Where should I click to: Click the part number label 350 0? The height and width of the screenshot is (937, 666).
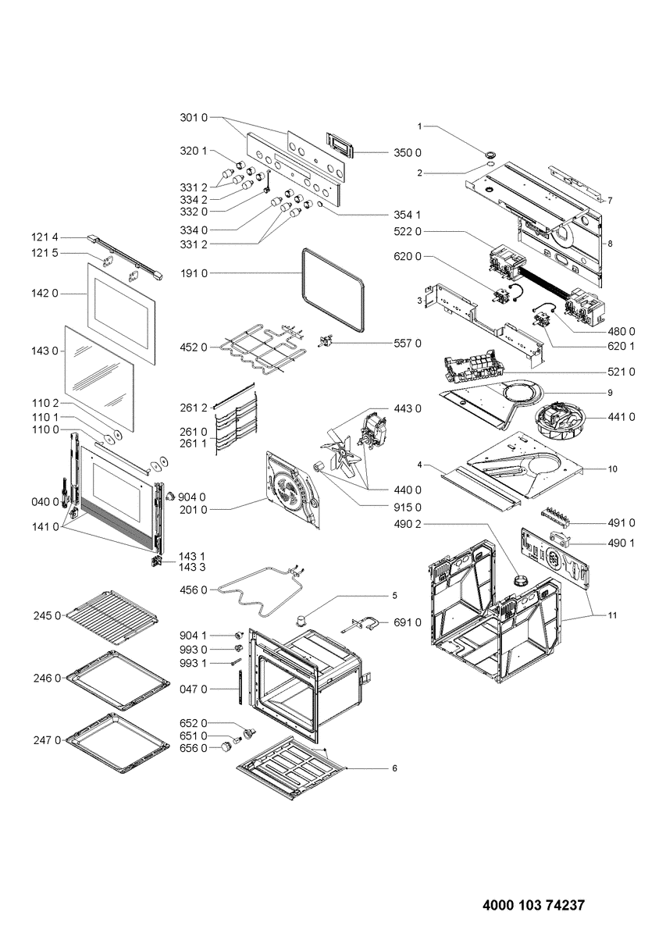pyautogui.click(x=407, y=151)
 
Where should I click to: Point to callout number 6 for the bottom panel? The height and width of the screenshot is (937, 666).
pyautogui.click(x=395, y=768)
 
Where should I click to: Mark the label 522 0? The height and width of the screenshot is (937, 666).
pyautogui.click(x=407, y=232)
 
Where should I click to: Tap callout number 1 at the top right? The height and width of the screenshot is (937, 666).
pyautogui.click(x=419, y=126)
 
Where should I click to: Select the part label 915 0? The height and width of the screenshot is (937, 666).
pyautogui.click(x=407, y=508)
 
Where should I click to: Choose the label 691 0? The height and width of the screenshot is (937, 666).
pyautogui.click(x=407, y=622)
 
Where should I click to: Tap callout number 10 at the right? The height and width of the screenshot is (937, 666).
pyautogui.click(x=613, y=468)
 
